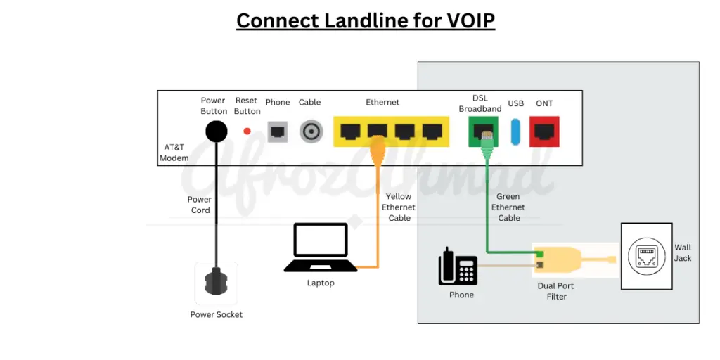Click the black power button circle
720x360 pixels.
tap(216, 131)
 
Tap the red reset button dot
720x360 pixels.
tap(247, 131)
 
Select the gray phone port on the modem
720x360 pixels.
tap(278, 131)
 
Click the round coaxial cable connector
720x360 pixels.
tap(310, 131)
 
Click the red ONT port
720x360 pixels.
tap(545, 131)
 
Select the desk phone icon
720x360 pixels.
tap(457, 266)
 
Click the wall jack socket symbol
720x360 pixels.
tap(646, 257)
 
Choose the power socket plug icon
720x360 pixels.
tap(217, 282)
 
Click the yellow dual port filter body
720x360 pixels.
tap(559, 259)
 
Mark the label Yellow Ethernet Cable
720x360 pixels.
tap(399, 207)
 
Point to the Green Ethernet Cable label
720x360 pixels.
tap(509, 207)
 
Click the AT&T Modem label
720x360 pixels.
tap(174, 153)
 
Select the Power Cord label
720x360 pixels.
tap(200, 205)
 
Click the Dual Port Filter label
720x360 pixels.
tap(556, 291)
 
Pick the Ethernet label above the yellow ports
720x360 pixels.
tap(382, 103)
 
